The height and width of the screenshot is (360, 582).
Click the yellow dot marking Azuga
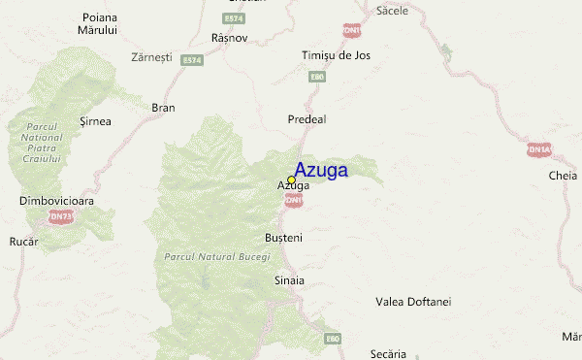coord(291,180)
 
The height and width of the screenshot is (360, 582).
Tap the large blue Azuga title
coord(321,170)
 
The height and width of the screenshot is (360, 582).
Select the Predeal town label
coord(307,118)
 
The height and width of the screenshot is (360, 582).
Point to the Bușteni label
coord(284,238)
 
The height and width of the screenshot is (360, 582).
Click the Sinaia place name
coord(289,280)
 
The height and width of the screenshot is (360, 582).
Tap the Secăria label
coord(389,354)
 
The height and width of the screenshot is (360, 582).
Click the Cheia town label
coord(563,176)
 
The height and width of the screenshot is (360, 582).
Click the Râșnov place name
coord(230,38)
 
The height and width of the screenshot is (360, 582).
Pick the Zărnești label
coord(150,56)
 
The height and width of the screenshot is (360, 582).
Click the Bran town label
coord(163,108)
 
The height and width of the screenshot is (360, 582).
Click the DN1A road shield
coord(538,149)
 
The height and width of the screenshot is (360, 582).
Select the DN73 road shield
coord(62,216)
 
